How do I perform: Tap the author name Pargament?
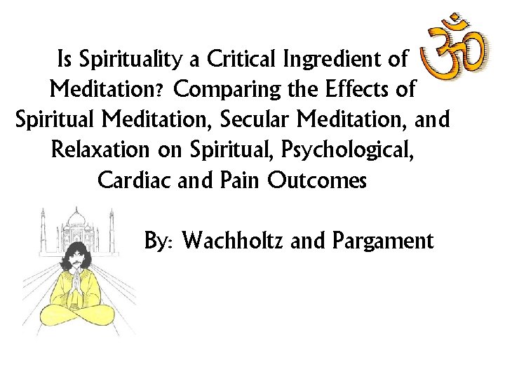pyautogui.click(x=383, y=241)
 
